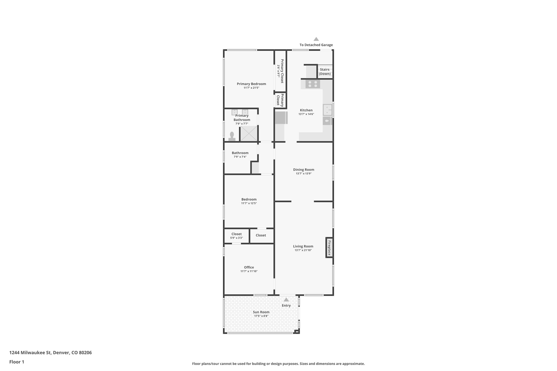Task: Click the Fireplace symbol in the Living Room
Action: coord(329,248)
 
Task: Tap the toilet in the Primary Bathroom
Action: coord(232,136)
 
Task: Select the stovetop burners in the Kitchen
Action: coord(312,84)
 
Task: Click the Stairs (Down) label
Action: coord(325,71)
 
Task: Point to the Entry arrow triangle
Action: coord(286,300)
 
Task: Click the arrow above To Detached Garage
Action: coord(316,39)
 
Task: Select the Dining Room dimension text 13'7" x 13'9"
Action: coord(304,173)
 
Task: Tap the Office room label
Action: coord(249,267)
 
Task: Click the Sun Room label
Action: coord(261,312)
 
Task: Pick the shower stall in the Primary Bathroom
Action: coord(249,133)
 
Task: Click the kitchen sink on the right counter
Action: coord(327,110)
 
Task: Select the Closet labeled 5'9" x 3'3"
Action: coord(236,236)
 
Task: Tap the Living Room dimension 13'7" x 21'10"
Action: coord(303,250)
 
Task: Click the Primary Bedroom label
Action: coord(251,84)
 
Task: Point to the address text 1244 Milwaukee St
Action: coord(30,353)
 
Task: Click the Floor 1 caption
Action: coord(17,362)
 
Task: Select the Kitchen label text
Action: coord(306,110)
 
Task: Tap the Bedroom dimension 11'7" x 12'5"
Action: coord(249,203)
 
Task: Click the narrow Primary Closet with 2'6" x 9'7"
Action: coord(280,71)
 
